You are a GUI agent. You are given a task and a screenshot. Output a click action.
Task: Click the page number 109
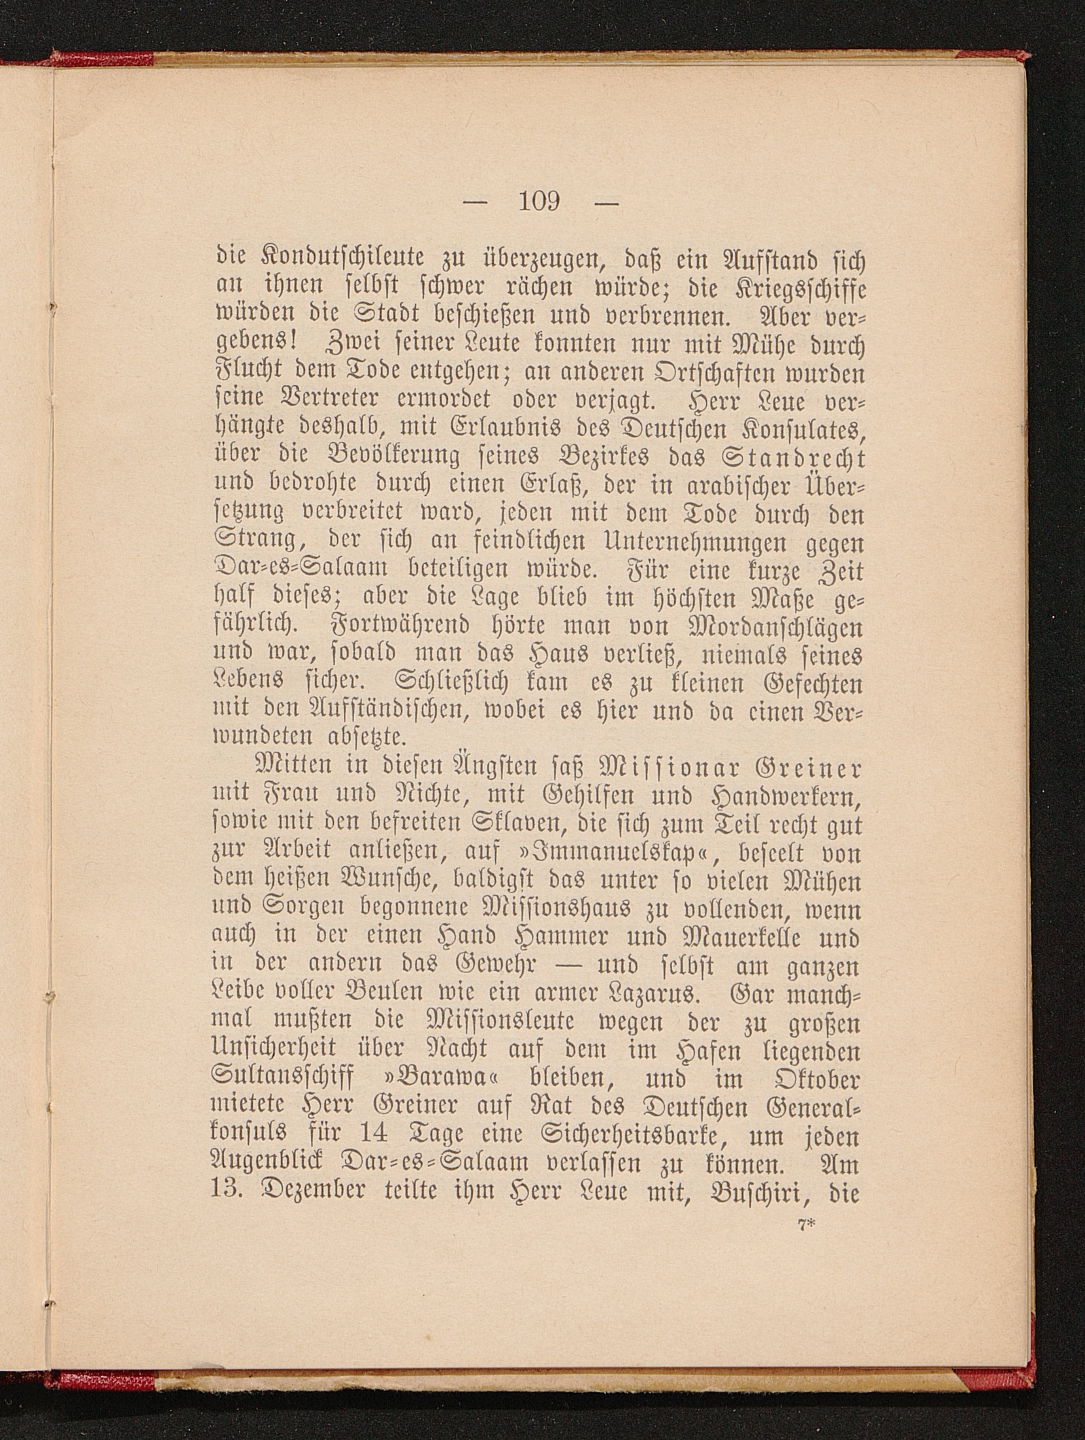(x=540, y=201)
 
